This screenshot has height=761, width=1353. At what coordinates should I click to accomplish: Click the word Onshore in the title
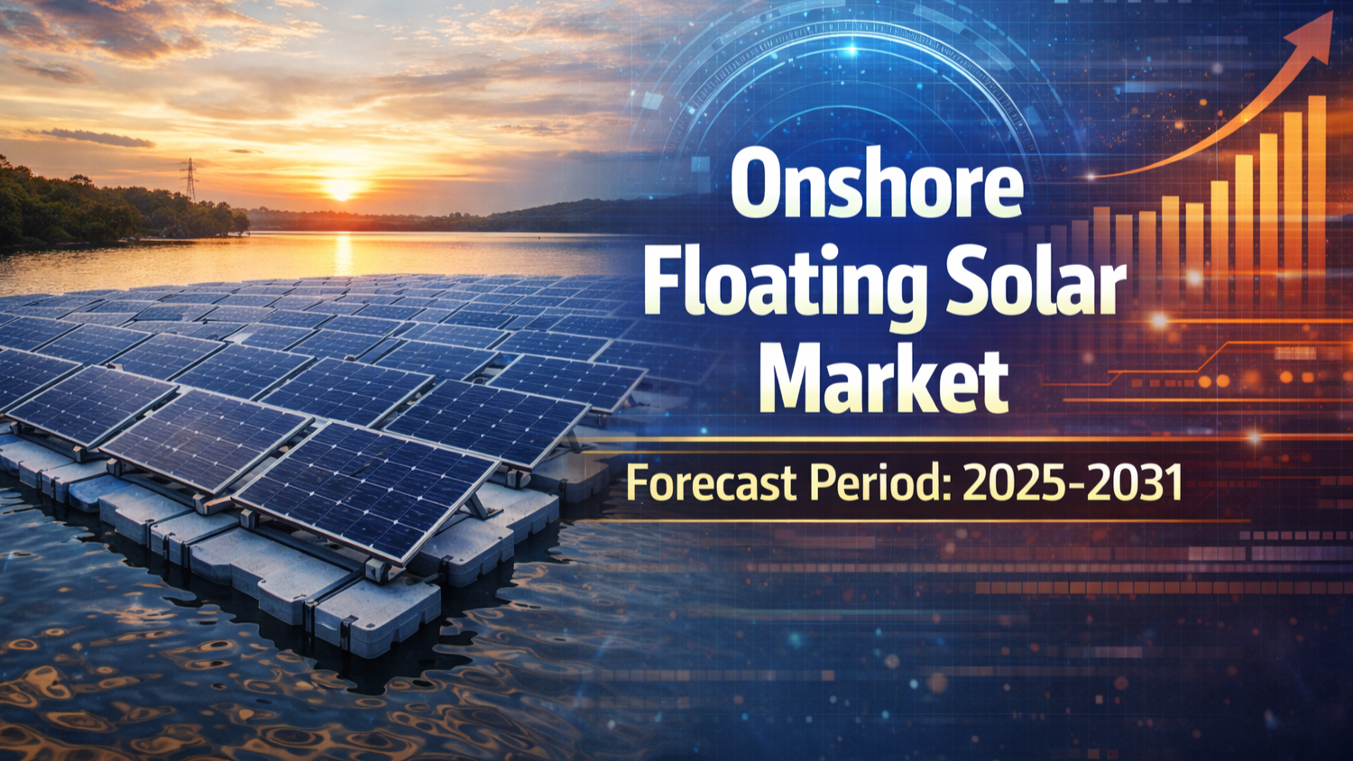point(876,185)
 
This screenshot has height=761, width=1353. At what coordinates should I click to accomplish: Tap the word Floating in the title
point(783,285)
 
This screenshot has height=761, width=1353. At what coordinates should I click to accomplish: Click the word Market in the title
point(884,377)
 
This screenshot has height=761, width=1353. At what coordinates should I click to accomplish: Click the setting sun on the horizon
point(342,189)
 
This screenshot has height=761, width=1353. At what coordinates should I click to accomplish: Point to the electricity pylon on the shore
point(189,179)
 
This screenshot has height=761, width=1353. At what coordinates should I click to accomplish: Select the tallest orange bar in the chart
point(1317,199)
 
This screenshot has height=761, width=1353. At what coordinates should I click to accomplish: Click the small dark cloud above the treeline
point(97,138)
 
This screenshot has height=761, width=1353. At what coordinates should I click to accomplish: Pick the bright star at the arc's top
point(852,50)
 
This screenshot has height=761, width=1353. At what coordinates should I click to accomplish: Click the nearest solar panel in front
point(366,491)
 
